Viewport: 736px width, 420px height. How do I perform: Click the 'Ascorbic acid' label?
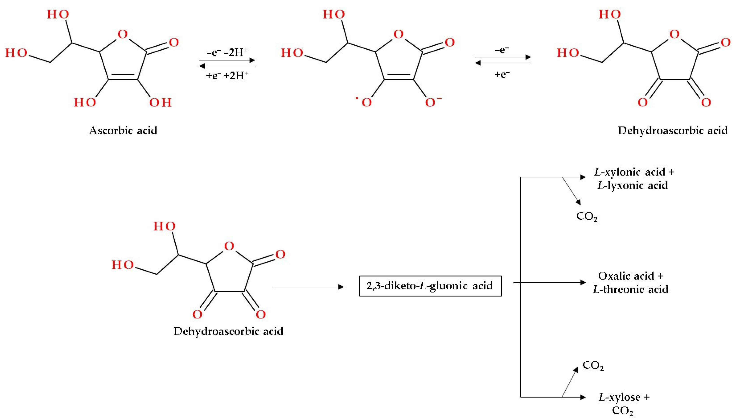(123, 130)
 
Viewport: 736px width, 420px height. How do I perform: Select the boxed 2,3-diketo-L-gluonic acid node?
(430, 286)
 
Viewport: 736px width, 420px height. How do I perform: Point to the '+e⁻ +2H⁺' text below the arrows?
(227, 75)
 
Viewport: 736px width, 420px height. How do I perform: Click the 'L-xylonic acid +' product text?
(634, 172)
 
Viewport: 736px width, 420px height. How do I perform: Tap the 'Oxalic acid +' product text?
(631, 276)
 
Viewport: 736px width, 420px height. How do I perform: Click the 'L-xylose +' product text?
(624, 397)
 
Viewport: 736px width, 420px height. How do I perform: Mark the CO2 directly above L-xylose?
(593, 365)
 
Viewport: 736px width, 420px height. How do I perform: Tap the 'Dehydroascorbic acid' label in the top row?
(673, 130)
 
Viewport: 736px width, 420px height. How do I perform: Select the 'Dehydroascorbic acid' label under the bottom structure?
(228, 331)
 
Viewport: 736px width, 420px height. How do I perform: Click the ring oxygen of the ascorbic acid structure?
(123, 34)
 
